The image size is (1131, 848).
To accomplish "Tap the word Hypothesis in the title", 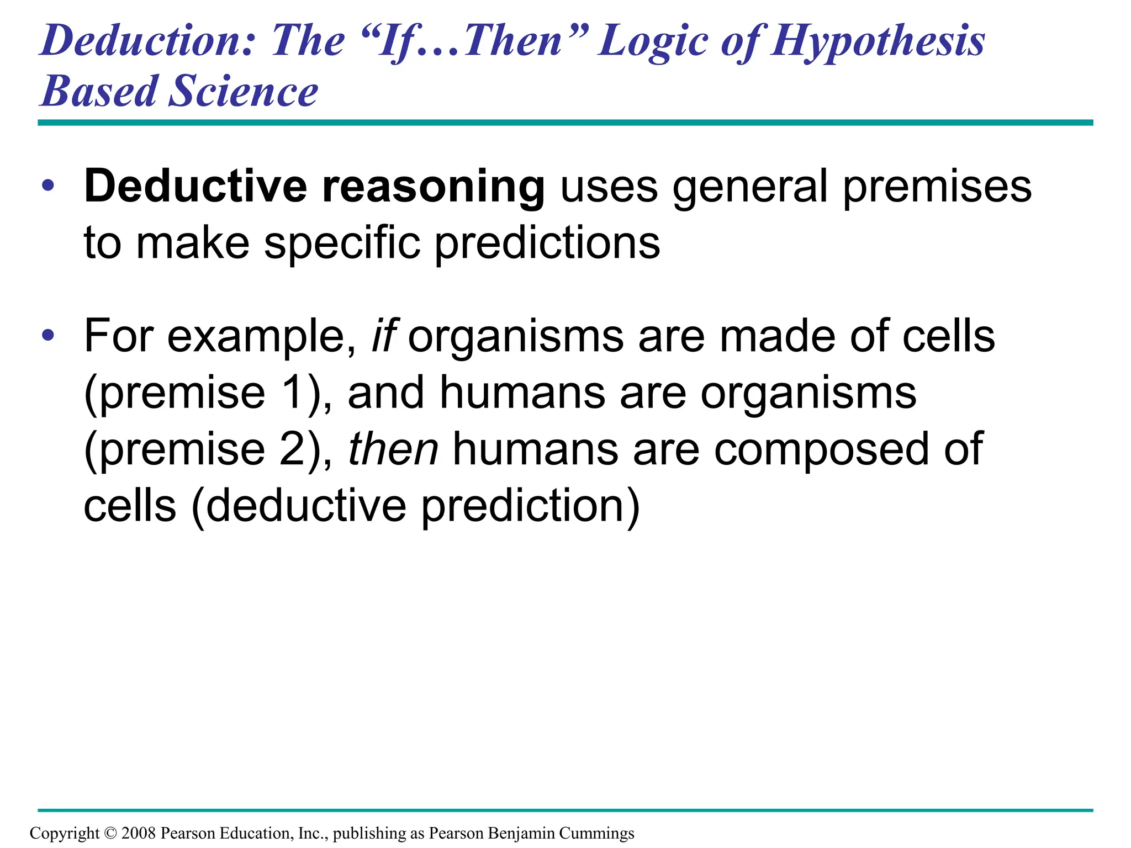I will click(878, 42).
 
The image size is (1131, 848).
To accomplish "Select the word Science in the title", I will click(243, 91).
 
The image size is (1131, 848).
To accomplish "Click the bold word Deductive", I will click(195, 186).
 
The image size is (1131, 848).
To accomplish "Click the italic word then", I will click(393, 449).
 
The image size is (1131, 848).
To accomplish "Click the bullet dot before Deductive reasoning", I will click(48, 185).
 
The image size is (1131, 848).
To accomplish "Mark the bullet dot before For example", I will click(48, 335).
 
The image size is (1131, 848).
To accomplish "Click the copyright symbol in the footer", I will click(110, 833).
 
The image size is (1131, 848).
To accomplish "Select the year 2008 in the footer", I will click(138, 833).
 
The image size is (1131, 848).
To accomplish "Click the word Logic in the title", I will click(652, 42).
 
